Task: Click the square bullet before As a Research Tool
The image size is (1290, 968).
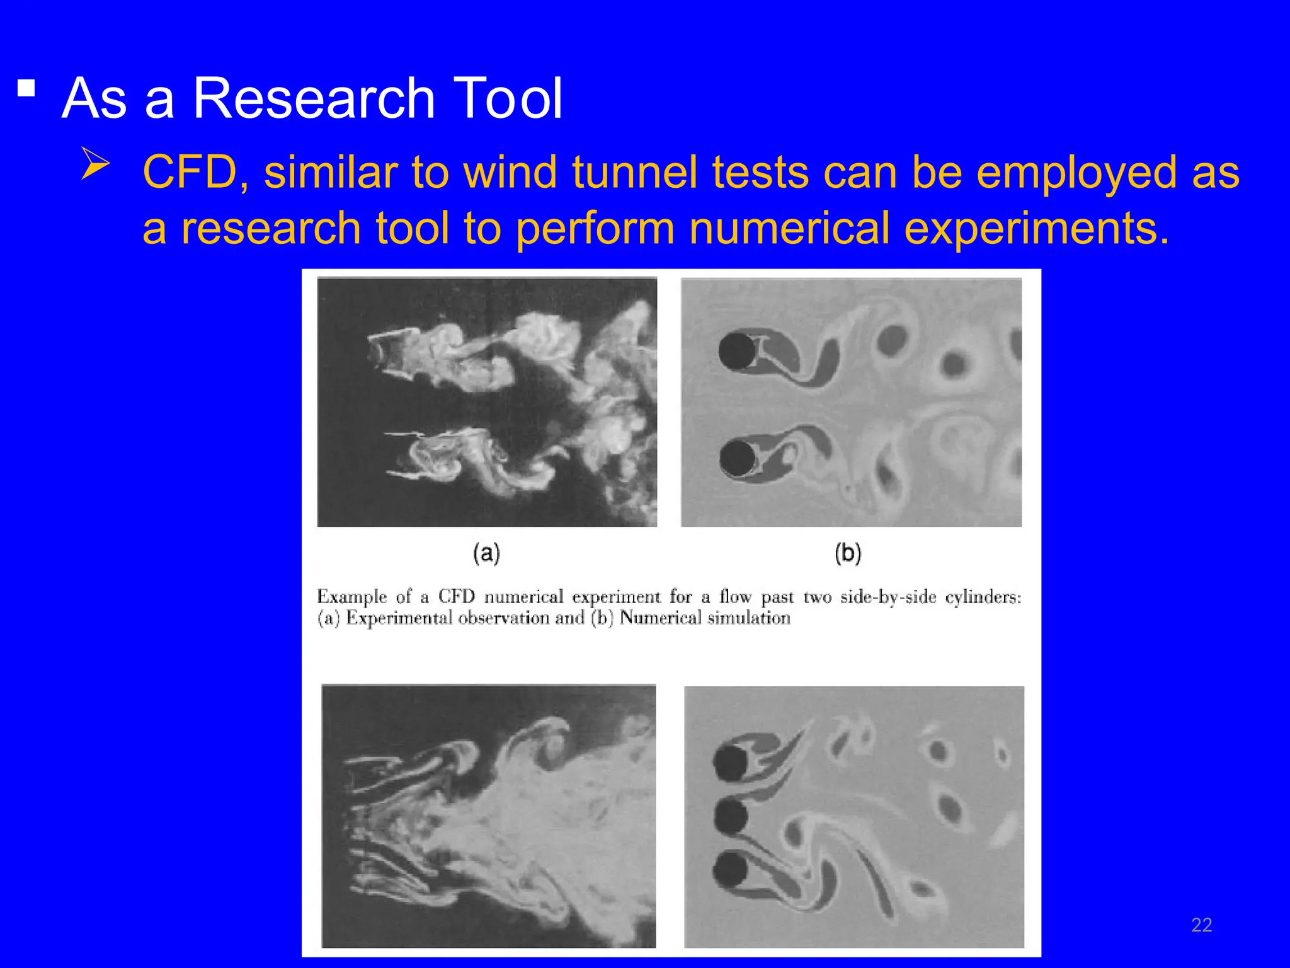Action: [26, 88]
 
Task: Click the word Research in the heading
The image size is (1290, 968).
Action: [314, 98]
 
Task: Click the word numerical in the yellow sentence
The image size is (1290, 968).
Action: [789, 228]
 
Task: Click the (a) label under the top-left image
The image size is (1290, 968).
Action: [486, 553]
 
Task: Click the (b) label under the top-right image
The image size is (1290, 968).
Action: [848, 553]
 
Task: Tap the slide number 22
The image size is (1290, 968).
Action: [1201, 925]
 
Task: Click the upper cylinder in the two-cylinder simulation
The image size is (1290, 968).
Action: [737, 351]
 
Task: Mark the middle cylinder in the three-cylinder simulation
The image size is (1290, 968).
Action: [731, 817]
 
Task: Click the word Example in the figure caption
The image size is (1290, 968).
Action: [351, 597]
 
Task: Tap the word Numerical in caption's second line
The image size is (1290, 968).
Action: [660, 618]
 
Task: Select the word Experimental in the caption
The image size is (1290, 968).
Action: [399, 618]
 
